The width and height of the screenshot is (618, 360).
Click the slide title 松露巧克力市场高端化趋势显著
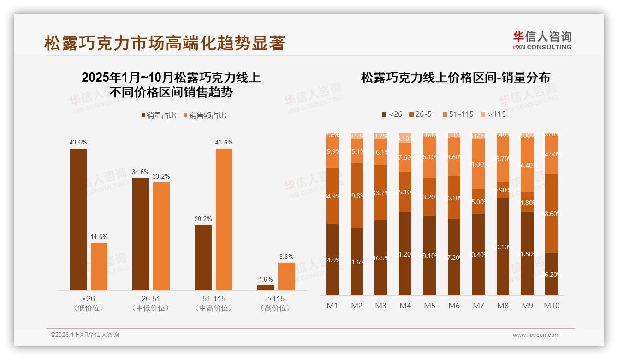(165, 43)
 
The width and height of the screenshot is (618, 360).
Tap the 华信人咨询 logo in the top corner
(542, 40)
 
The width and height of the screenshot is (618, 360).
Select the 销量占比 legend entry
(158, 115)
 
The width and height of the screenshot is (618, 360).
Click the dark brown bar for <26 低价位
(78, 219)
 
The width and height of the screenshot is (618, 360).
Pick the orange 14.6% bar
(99, 266)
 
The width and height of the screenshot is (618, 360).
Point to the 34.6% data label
(141, 172)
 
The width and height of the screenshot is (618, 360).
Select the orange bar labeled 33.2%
(161, 236)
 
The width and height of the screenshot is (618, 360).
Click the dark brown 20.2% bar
(203, 257)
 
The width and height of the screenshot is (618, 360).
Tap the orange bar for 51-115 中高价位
(224, 219)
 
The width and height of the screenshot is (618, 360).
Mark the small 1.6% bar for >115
(266, 288)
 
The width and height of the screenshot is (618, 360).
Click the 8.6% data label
(286, 257)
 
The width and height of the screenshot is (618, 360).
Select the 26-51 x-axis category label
(151, 299)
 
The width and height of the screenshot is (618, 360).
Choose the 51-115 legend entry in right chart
(458, 114)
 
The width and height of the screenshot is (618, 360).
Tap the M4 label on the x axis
(405, 306)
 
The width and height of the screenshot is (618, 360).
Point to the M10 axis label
(552, 306)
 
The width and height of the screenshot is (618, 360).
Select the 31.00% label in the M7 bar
(479, 164)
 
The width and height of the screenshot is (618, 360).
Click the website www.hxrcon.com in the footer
(536, 335)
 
